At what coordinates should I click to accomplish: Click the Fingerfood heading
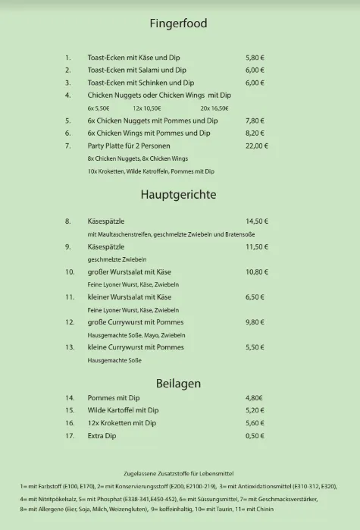[x=179, y=24]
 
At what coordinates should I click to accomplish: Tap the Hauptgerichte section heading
[x=178, y=194]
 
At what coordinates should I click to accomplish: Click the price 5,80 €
[x=255, y=58]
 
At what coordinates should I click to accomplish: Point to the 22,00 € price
[x=257, y=146]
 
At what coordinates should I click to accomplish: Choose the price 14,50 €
[x=257, y=221]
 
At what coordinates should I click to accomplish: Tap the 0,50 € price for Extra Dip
[x=255, y=435]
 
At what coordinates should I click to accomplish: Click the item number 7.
[x=67, y=146]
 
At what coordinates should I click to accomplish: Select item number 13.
[x=69, y=347]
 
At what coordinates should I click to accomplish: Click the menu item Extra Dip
[x=105, y=435]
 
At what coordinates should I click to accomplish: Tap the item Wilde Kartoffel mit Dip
[x=123, y=410]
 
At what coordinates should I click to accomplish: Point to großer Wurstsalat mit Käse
[x=130, y=271]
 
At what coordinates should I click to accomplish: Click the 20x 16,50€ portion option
[x=214, y=108]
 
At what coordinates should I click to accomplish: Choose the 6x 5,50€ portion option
[x=99, y=108]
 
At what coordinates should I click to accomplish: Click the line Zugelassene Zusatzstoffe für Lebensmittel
[x=179, y=472]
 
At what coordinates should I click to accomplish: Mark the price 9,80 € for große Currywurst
[x=255, y=321]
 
